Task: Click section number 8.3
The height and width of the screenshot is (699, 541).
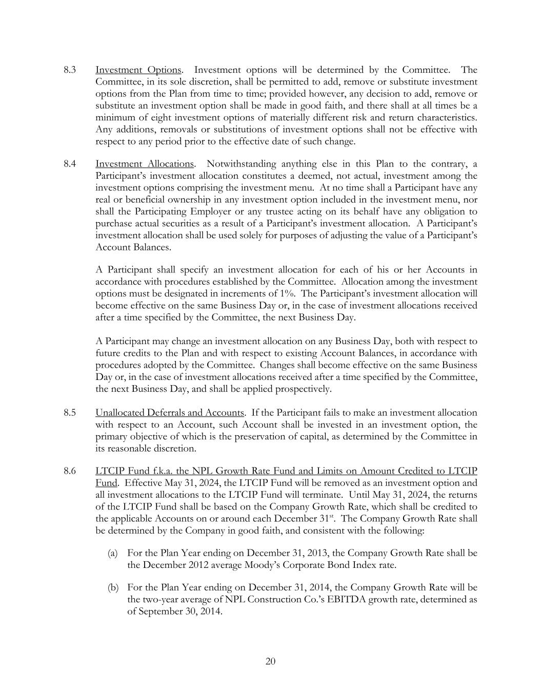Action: pos(70,70)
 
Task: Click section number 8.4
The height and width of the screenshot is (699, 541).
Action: pos(70,164)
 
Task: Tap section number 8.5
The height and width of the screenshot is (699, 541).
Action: pos(70,413)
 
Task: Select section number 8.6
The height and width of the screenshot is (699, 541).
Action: pos(70,471)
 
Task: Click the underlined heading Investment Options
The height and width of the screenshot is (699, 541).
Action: pos(138,70)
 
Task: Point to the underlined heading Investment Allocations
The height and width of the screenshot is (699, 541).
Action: pos(145,164)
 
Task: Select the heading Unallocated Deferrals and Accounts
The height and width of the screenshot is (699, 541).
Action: pos(169,413)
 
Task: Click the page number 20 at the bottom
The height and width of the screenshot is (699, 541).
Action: pos(271,662)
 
